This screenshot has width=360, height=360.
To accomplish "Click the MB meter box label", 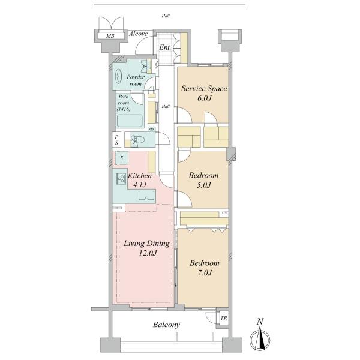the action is point(110,36).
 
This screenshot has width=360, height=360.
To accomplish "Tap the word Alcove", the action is point(138,34).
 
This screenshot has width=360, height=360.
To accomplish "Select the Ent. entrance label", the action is point(165,47).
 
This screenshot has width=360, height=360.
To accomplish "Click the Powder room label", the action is point(136,80).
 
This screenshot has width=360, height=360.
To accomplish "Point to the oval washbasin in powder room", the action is point(118,76).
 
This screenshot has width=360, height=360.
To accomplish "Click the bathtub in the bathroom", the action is point(130,121).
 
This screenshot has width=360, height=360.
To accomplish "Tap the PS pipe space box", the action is point(116,140).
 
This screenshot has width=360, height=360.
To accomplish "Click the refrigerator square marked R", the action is point(122,158).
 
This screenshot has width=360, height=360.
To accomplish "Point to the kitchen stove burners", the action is point(121,178).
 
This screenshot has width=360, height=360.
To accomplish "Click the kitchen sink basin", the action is point(146,196).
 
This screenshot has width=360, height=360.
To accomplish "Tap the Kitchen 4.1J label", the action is point(140,180).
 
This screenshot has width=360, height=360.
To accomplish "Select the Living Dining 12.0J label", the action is point(147,248).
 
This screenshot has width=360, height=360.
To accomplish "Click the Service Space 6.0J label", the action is point(205,93).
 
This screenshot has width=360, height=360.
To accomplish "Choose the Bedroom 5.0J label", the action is point(203,180).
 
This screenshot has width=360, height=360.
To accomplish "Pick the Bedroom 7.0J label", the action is point(205,268).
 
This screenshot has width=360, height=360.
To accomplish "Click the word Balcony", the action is point(166,325).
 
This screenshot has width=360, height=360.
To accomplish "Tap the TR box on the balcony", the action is point(223,318).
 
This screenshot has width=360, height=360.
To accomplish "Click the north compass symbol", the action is point(260,337).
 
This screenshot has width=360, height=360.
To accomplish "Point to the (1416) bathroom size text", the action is point(124,109).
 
